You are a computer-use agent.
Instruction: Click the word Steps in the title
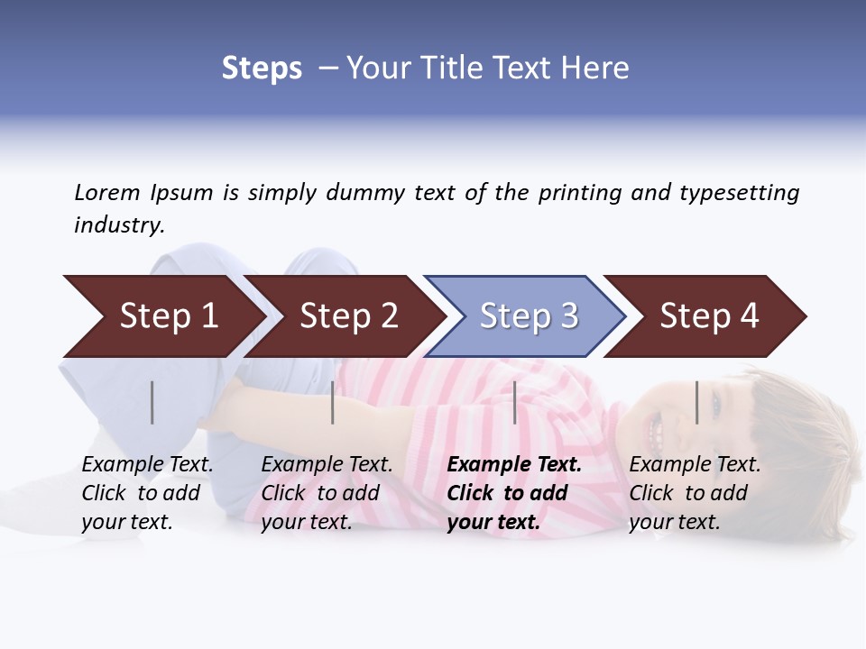[262, 68]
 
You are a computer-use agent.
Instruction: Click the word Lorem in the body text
[106, 192]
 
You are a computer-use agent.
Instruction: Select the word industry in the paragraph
[118, 225]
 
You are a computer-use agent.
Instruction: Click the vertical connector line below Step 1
[152, 402]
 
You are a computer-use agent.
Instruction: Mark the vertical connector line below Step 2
[333, 402]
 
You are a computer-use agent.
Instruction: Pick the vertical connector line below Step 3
[514, 402]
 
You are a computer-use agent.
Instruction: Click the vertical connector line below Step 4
[696, 402]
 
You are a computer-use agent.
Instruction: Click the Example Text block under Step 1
[147, 493]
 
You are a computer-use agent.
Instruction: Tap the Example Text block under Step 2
[327, 493]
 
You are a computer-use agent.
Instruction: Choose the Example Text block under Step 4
[695, 493]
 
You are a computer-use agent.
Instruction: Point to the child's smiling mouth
[657, 435]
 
